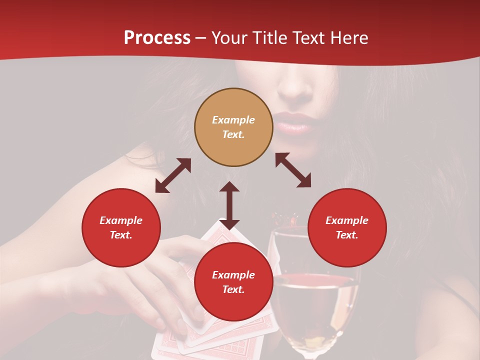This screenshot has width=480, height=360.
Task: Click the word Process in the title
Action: (x=157, y=37)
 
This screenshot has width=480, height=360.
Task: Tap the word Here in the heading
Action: (x=349, y=37)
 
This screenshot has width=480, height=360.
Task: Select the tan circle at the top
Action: (x=233, y=127)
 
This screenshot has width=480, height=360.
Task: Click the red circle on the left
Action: (x=121, y=227)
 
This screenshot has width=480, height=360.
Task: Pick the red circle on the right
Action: (x=347, y=227)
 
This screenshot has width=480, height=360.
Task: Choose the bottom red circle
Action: (x=233, y=282)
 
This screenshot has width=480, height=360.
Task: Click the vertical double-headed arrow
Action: (x=229, y=205)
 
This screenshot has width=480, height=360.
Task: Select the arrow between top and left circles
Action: (x=173, y=175)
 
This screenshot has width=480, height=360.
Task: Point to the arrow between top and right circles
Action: (x=293, y=170)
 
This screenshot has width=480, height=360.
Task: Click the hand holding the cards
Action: (x=150, y=280)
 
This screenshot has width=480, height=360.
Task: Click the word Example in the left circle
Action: (x=121, y=220)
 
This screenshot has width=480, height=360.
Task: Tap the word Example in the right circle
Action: (x=347, y=220)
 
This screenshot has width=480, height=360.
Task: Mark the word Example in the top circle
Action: (x=233, y=120)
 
